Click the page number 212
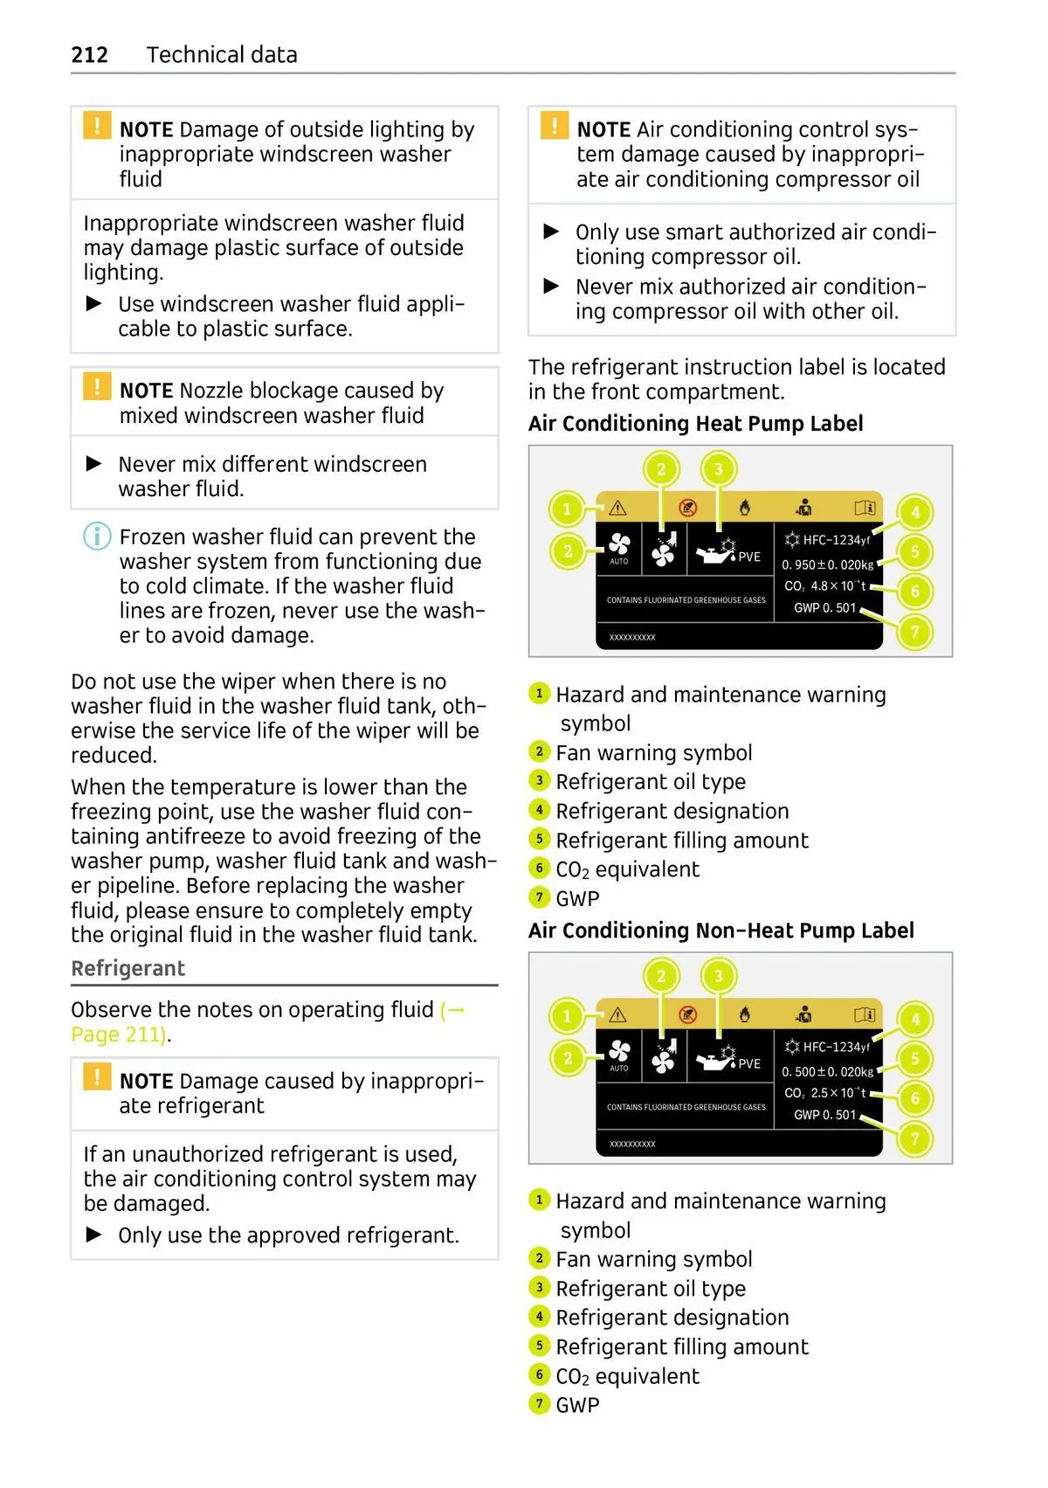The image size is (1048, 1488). coord(89,55)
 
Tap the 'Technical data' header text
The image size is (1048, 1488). coord(222,55)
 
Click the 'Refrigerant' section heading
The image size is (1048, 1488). coord(128,968)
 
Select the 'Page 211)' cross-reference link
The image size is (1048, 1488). coord(118,1035)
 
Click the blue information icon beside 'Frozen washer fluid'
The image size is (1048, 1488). coord(97,536)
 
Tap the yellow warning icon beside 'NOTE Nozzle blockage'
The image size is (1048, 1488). coord(97,387)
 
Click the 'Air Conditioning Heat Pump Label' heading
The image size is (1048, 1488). coord(695,424)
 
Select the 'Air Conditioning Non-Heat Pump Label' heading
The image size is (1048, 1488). coord(720,931)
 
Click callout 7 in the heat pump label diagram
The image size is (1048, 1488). coord(914,631)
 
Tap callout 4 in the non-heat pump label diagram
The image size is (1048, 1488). coord(914,1019)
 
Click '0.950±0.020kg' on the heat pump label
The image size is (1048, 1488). coord(827,564)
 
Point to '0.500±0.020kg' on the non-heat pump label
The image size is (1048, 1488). coord(827,1071)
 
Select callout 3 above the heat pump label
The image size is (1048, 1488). coord(718,469)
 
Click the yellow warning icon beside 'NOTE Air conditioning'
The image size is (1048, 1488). coord(555,126)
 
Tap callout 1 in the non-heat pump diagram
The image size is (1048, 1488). coord(567,1015)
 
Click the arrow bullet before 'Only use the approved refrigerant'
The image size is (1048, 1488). coord(94,1235)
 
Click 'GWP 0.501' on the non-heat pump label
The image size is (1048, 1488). coord(824,1115)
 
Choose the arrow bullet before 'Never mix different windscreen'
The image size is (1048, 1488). coord(94,464)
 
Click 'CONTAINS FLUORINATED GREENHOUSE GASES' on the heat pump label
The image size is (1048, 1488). coord(686,600)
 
